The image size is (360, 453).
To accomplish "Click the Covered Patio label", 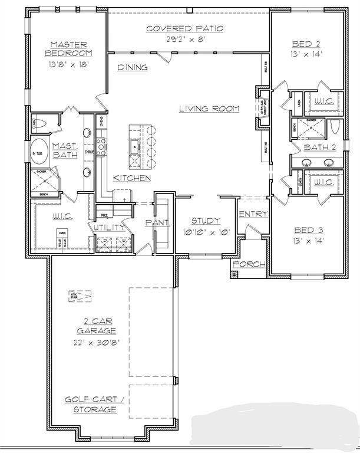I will tap(184, 28).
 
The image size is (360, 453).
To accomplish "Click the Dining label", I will tap(133, 67).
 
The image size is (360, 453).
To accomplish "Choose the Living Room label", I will tap(209, 109).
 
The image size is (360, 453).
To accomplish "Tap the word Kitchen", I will tap(132, 178).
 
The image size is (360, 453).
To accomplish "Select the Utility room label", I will tap(107, 227).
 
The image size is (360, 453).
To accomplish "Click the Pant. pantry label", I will tap(158, 223).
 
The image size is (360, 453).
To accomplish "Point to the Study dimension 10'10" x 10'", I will tap(206, 232).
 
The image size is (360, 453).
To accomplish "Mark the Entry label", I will tap(253, 214).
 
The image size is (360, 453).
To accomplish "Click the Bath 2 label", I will tap(319, 147).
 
